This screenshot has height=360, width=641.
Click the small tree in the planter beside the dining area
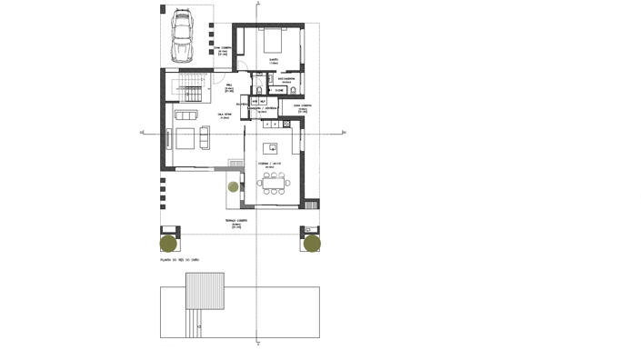coord(233,187)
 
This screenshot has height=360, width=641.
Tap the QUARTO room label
coord(274,60)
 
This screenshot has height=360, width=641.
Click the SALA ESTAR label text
coord(225,115)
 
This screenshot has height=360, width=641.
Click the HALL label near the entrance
coord(229,86)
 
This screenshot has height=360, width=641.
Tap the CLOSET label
coord(280,90)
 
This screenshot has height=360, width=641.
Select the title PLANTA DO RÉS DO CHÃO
coord(179,261)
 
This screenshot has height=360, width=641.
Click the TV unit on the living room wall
coord(169,139)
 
